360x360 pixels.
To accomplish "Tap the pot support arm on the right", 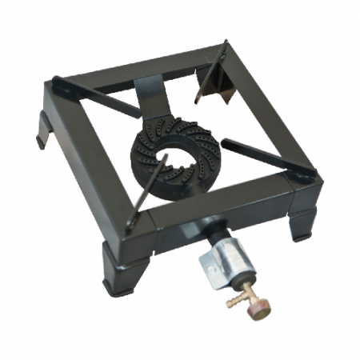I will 268,155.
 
